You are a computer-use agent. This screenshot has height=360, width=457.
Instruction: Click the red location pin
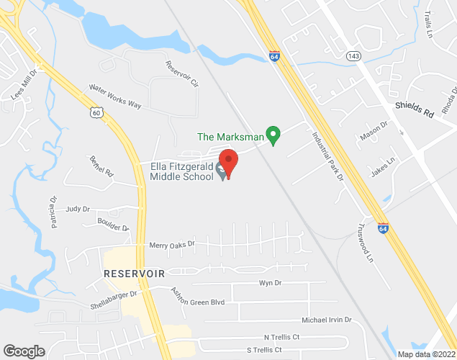[x=228, y=163]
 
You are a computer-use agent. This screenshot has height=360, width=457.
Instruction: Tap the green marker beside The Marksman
[x=273, y=135]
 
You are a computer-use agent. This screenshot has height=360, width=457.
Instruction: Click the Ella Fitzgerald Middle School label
[x=181, y=171]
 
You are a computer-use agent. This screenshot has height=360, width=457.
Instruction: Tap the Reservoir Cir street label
[x=181, y=75]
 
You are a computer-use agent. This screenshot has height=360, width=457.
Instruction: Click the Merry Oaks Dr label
[x=172, y=245]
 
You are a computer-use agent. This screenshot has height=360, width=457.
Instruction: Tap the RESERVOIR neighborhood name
[x=135, y=274]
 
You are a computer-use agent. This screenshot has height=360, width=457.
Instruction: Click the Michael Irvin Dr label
[x=326, y=319]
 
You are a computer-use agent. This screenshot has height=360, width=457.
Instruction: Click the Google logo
[x=24, y=351]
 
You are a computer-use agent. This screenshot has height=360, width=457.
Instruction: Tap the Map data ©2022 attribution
[x=426, y=354]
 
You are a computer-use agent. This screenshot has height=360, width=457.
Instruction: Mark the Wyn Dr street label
[x=269, y=284]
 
